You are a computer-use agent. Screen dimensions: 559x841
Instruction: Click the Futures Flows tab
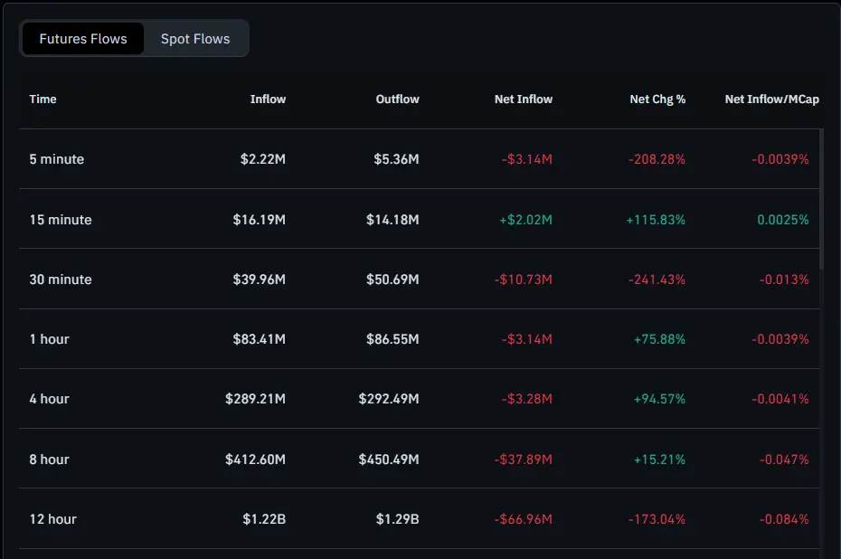coord(83,39)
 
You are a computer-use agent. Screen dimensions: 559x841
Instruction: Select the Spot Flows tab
coord(195,39)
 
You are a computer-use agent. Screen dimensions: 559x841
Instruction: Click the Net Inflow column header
coord(523,99)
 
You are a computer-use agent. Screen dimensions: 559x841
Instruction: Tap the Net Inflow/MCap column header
coord(771,99)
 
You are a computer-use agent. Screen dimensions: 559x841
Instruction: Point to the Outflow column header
coord(397,99)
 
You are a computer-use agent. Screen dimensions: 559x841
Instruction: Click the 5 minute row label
coord(56,159)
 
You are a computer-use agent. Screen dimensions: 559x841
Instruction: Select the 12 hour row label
coord(52,519)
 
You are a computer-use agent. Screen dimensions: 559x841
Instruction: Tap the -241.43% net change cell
coord(657,279)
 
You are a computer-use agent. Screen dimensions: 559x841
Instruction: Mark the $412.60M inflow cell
coord(255,460)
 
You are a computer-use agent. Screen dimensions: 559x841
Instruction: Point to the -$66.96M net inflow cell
coord(523,519)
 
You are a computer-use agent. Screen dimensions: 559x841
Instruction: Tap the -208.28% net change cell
coord(657,159)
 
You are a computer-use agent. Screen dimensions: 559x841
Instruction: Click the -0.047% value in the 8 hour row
coord(784,460)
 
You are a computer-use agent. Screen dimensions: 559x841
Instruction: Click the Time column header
coord(43,99)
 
